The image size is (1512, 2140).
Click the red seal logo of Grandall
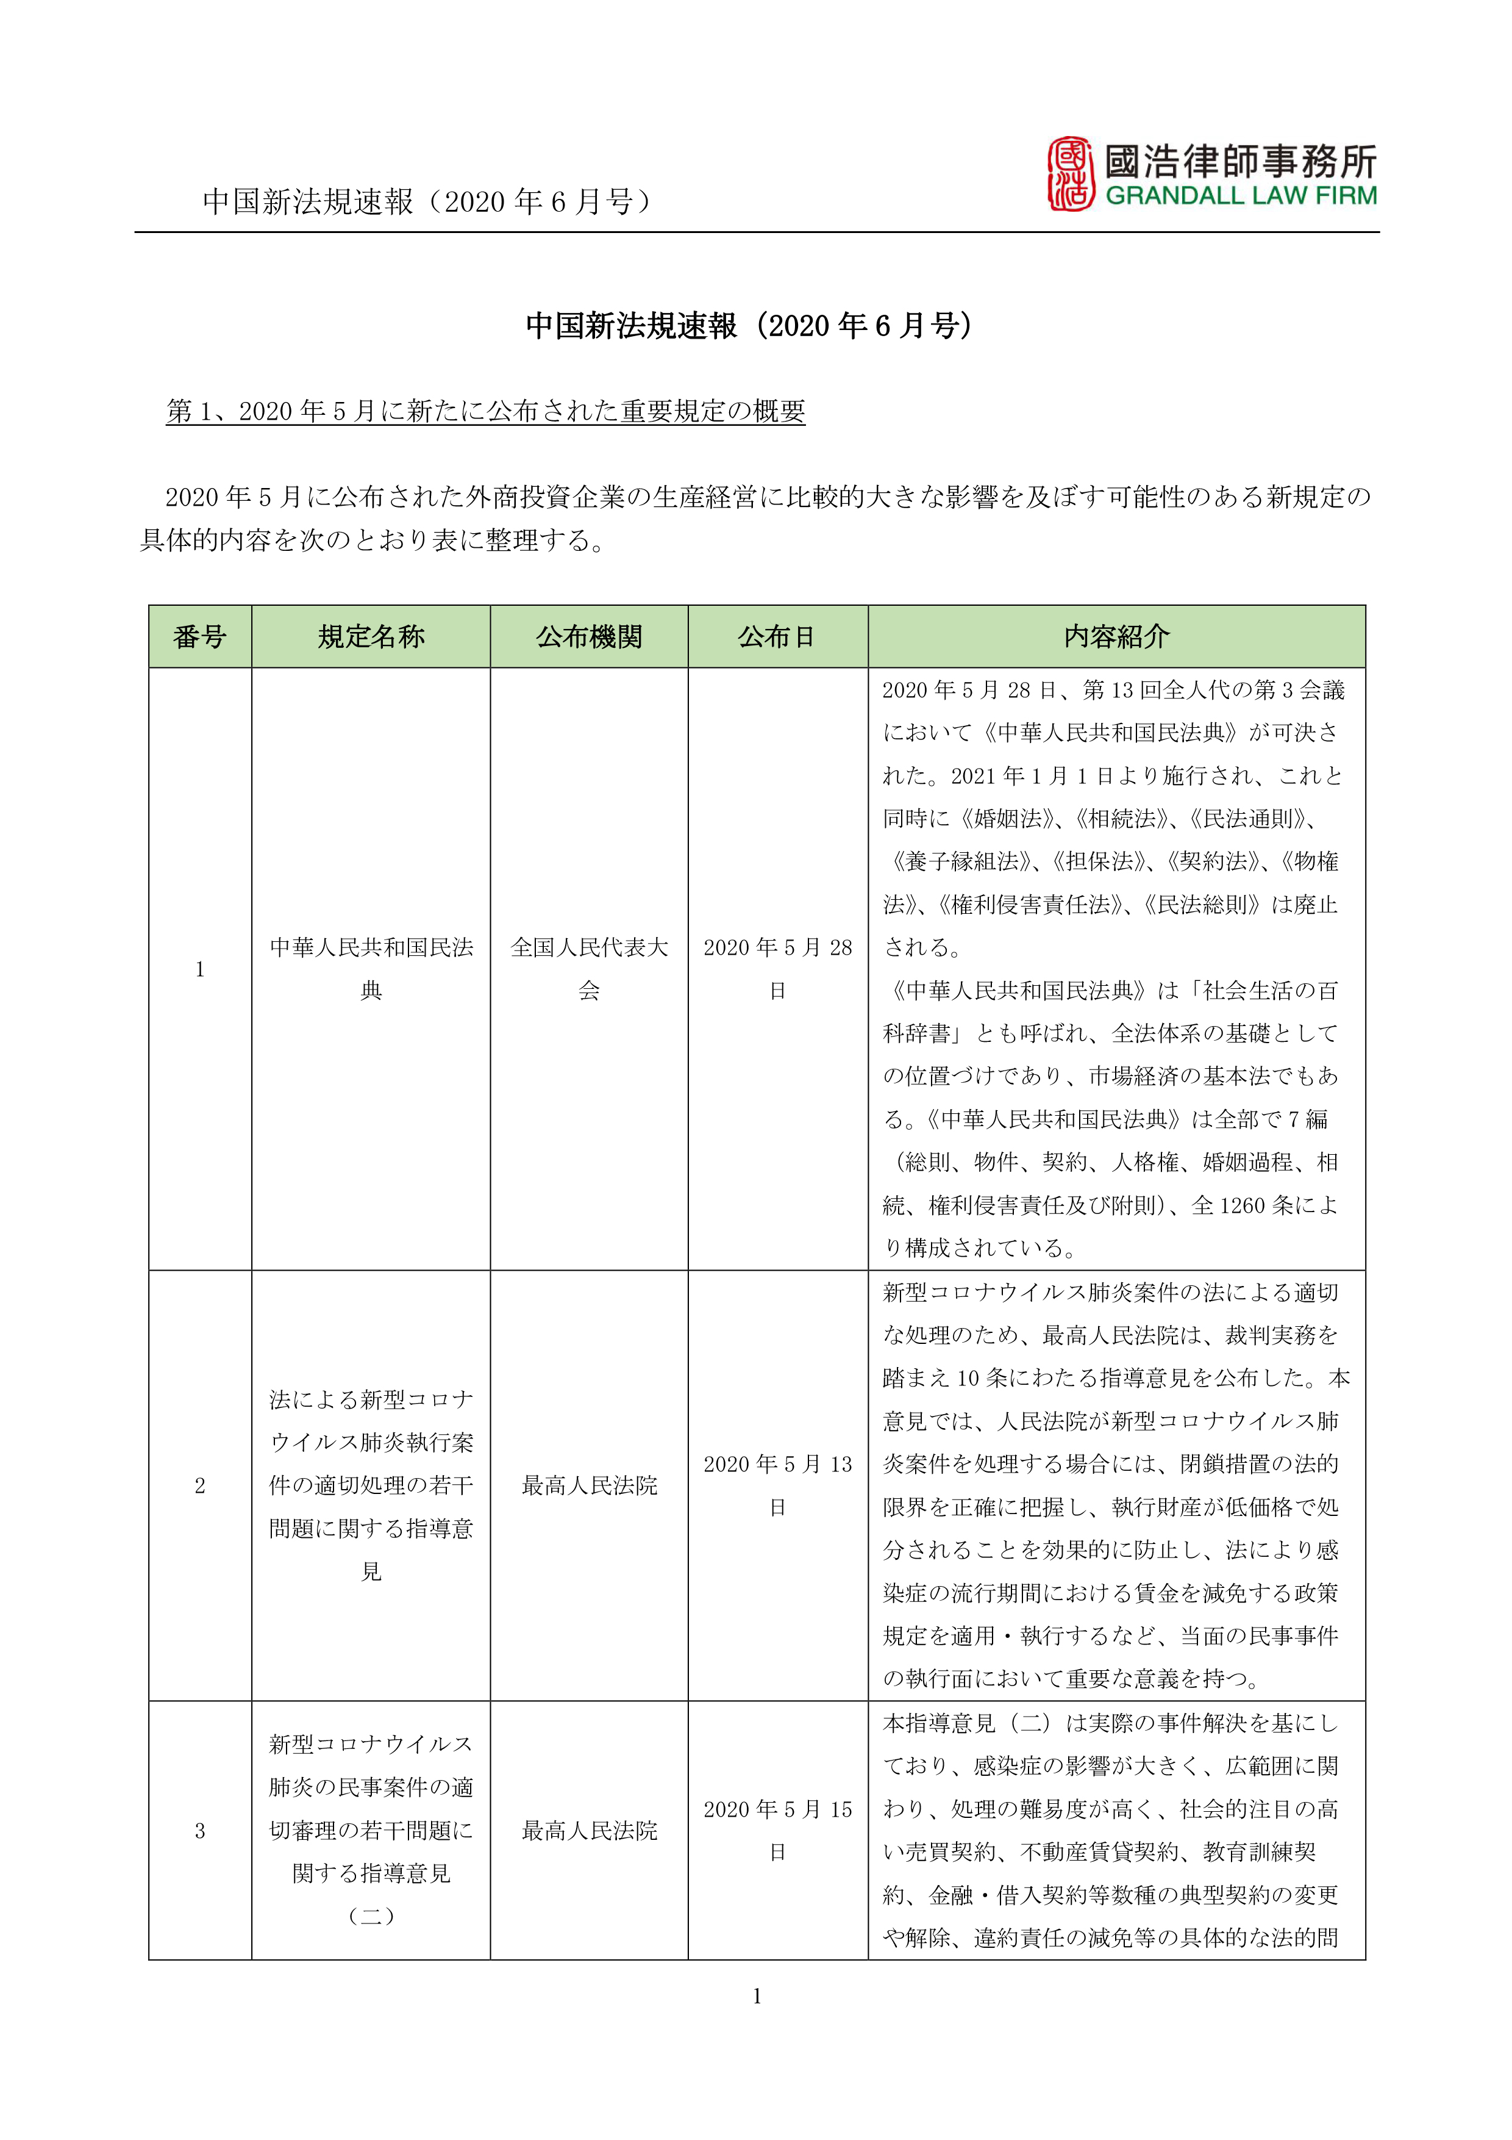click(1071, 174)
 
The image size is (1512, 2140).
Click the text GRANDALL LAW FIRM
click(1240, 196)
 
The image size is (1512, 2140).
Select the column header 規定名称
click(371, 637)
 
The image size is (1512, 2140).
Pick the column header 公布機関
click(589, 637)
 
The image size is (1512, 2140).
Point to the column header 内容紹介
click(1116, 637)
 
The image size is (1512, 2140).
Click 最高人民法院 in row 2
click(589, 1485)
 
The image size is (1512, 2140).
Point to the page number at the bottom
click(757, 1995)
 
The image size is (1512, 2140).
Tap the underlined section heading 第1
click(485, 411)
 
